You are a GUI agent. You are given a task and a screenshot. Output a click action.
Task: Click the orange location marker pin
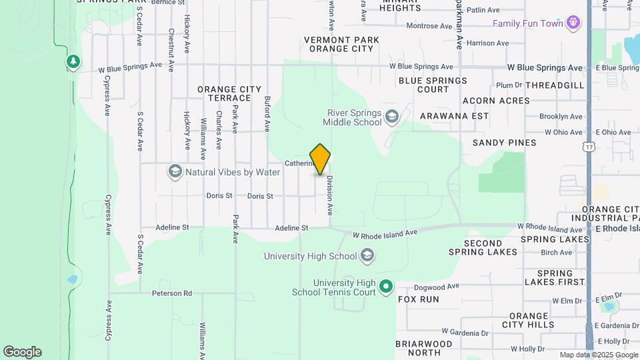(x=320, y=159)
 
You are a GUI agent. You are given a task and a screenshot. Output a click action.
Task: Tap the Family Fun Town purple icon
(x=573, y=24)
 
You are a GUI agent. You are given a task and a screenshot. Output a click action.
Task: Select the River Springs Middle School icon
(x=392, y=117)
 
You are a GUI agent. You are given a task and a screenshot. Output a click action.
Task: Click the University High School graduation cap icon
(x=367, y=255)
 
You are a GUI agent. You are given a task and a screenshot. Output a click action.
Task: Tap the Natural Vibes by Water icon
(x=175, y=172)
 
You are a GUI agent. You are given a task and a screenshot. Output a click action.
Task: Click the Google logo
(x=22, y=352)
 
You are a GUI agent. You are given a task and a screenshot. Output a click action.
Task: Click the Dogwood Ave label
(x=437, y=287)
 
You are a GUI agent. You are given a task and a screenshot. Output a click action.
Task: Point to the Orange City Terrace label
(x=224, y=93)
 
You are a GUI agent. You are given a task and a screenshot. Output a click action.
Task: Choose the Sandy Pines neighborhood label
(x=504, y=143)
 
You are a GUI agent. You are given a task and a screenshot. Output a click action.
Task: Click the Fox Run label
(x=419, y=299)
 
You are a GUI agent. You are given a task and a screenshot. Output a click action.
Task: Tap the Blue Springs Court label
(x=433, y=85)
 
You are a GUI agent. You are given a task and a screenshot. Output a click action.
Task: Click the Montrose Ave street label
(x=429, y=26)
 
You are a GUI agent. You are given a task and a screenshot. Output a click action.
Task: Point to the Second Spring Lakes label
(x=492, y=247)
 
